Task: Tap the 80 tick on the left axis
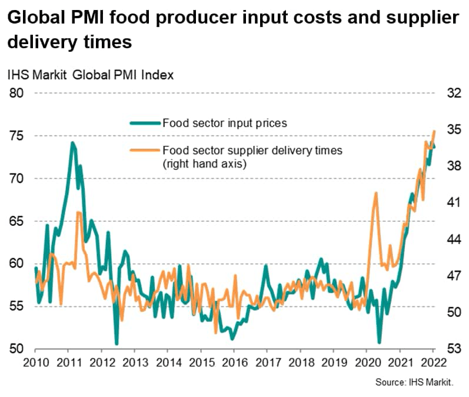tap(18, 94)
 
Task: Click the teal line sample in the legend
tap(145, 123)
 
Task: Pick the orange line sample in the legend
tap(145, 151)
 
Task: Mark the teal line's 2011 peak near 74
tap(72, 143)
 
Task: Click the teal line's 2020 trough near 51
tap(379, 342)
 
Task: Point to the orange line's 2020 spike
tap(375, 193)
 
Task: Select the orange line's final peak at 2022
tap(434, 131)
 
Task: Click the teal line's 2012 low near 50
tap(117, 343)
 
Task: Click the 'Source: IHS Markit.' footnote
tap(414, 382)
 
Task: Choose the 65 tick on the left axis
tap(18, 221)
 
